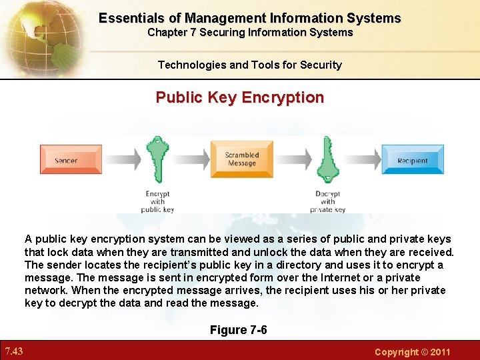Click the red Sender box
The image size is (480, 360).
pos(65,160)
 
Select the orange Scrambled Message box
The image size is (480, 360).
pos(241,159)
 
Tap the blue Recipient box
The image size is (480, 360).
pos(412,160)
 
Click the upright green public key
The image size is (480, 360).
pos(157,160)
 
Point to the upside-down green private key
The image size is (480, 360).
pos(327,159)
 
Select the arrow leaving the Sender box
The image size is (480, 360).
pos(123,159)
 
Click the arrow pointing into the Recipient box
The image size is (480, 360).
pos(362,159)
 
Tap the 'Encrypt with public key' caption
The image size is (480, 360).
pos(157,201)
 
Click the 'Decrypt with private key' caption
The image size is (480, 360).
pos(327,201)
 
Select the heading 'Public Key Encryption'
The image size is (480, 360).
pos(240,97)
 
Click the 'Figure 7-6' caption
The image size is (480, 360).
pos(239,330)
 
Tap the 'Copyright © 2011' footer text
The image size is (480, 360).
pos(412,351)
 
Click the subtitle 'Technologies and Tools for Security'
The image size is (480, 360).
pos(249,65)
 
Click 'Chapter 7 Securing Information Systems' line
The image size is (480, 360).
pos(250,33)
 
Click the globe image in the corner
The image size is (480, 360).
pos(40,37)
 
